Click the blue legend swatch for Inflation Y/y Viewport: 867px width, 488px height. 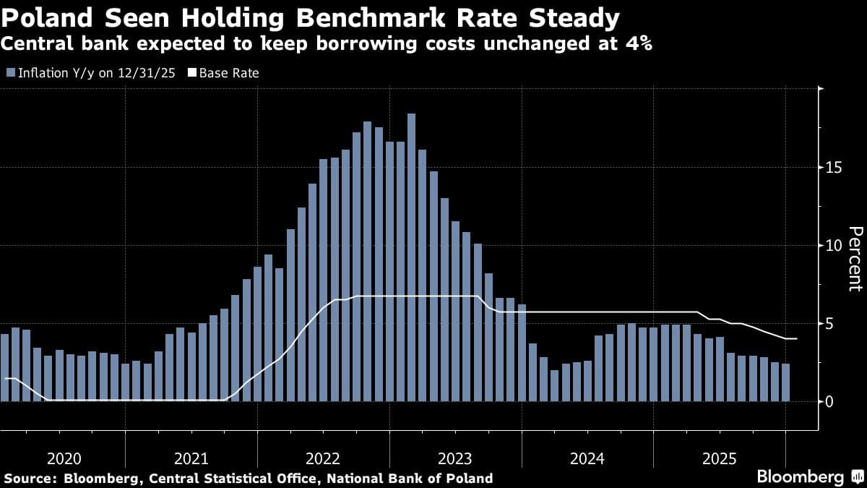[x=11, y=73]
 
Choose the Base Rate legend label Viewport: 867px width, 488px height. [x=228, y=73]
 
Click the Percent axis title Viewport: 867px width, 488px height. [x=854, y=258]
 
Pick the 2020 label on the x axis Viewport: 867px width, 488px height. [x=64, y=458]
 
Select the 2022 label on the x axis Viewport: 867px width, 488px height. [x=323, y=458]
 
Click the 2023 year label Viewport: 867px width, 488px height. [x=454, y=458]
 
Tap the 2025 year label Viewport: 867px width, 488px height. [x=718, y=458]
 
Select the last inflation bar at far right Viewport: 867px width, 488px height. [x=785, y=382]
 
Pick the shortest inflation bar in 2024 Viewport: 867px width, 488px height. [x=554, y=385]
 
